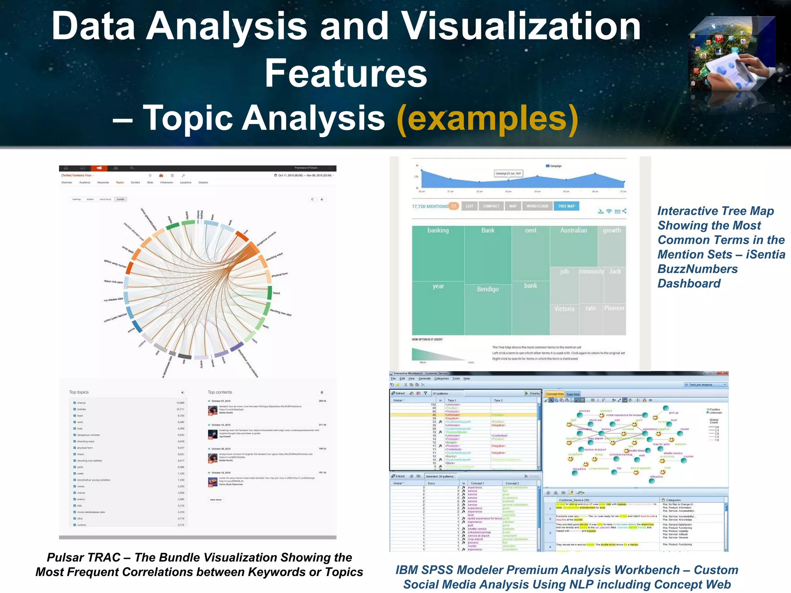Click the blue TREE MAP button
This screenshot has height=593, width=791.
tap(566, 206)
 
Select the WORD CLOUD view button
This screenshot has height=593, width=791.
tap(537, 206)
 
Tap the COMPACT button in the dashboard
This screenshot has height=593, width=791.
tap(491, 206)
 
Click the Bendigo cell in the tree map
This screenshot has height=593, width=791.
tap(488, 289)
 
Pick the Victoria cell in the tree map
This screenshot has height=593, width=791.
tap(564, 309)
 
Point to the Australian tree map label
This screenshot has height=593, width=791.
tap(574, 230)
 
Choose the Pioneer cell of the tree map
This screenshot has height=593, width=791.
tap(614, 308)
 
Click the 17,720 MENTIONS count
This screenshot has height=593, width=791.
tap(429, 207)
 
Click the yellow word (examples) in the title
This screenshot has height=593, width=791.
tap(487, 118)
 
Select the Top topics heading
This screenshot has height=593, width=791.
tap(79, 392)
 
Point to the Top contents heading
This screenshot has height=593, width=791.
tap(220, 392)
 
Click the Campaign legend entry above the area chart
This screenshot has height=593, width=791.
tap(553, 166)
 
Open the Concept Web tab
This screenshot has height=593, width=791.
tap(555, 394)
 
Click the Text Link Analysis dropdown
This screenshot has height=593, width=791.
tap(705, 385)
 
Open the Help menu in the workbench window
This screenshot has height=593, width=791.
tap(467, 379)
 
